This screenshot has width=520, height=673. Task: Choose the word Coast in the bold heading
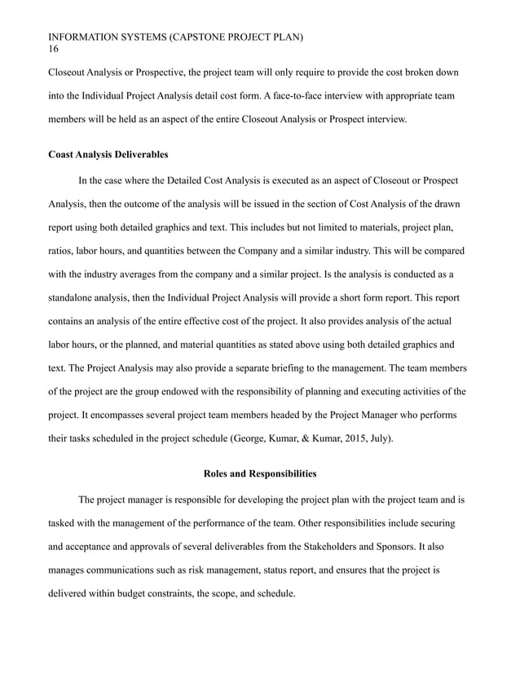[x=64, y=154]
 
